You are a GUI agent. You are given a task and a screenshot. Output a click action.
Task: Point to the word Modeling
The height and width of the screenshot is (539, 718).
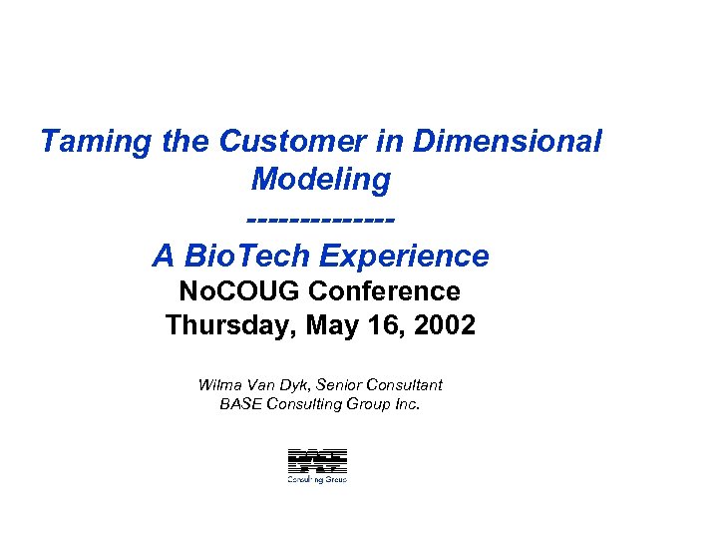tap(320, 180)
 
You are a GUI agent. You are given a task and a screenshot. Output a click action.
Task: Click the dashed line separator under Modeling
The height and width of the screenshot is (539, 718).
tap(320, 219)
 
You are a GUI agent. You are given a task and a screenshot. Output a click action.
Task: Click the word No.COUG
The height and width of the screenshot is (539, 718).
tap(238, 291)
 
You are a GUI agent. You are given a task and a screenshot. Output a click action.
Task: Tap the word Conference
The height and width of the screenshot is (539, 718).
tap(385, 291)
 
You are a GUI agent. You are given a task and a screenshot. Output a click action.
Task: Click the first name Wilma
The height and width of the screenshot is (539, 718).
tap(217, 384)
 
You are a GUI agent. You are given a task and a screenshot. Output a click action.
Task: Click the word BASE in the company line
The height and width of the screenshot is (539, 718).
tap(238, 404)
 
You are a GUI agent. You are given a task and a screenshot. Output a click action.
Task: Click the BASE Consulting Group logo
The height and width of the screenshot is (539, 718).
tap(317, 465)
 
